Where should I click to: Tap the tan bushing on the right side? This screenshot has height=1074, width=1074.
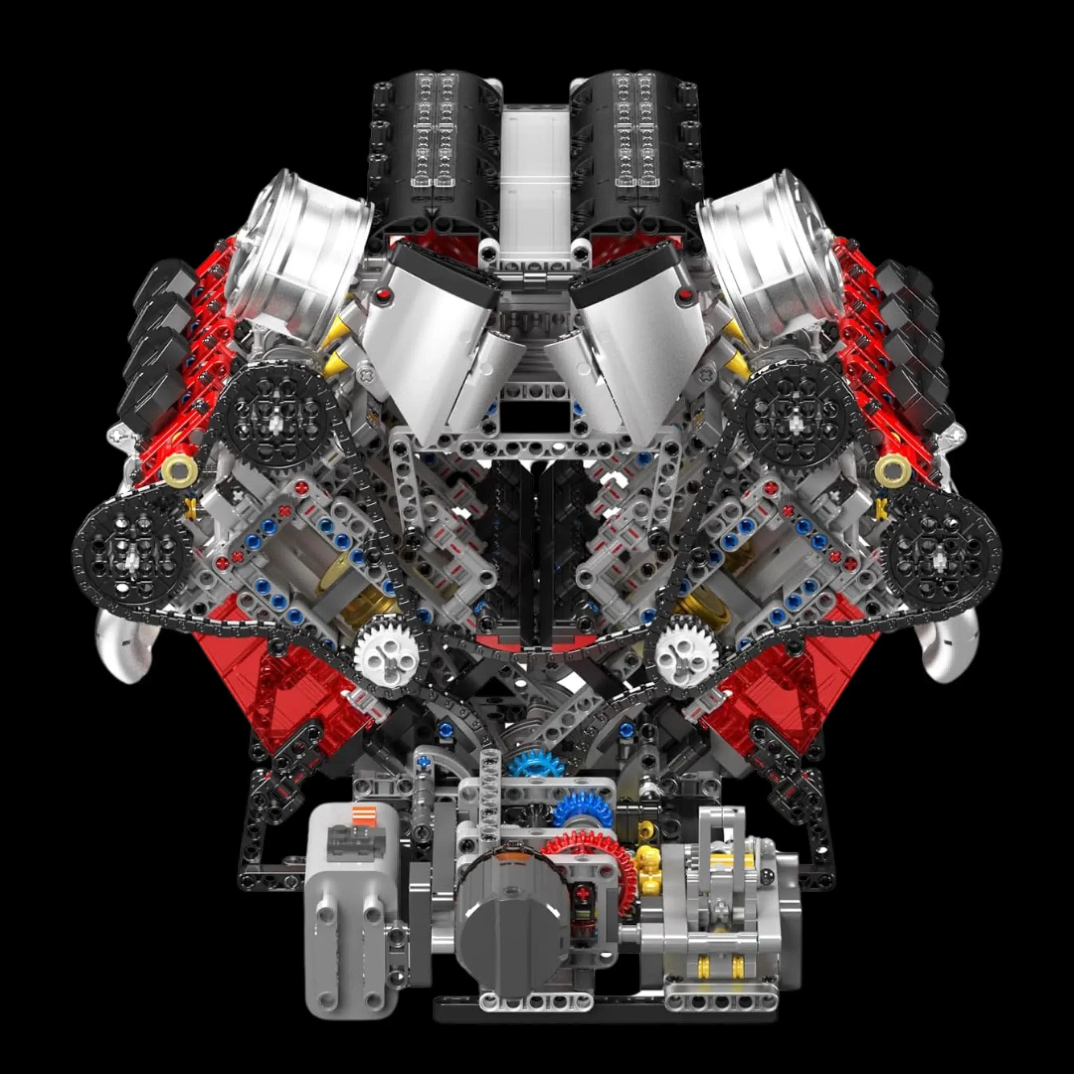[x=892, y=471]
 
